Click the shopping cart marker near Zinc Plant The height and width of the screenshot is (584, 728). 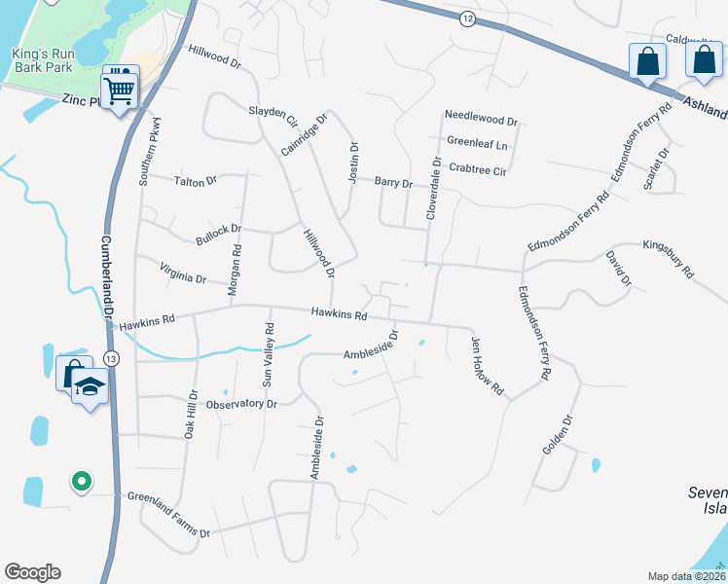point(120,88)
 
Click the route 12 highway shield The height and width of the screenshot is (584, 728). point(468,18)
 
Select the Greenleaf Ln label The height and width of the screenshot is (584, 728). point(478,143)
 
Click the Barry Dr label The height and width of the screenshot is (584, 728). point(394,182)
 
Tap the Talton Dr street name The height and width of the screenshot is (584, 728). point(195,181)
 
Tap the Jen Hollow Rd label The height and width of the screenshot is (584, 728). point(489,366)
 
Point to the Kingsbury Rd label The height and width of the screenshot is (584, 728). point(667,256)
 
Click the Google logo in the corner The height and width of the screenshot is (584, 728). point(32,572)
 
